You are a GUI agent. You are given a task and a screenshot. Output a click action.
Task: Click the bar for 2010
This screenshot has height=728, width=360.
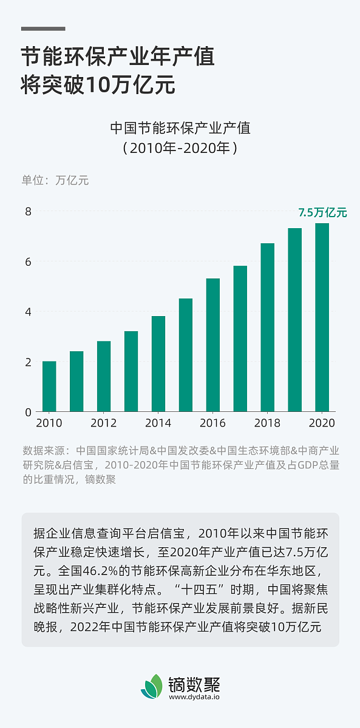pos(49,386)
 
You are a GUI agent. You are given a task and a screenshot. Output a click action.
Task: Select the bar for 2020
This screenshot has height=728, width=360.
pos(322,317)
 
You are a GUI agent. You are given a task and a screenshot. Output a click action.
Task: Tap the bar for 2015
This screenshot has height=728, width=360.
pos(186,355)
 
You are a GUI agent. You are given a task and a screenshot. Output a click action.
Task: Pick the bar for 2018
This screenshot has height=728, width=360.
pos(268,328)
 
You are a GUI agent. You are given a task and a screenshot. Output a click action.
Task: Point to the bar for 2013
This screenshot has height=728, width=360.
pos(131,371)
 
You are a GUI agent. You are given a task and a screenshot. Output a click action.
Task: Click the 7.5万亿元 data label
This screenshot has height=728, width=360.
pos(322,212)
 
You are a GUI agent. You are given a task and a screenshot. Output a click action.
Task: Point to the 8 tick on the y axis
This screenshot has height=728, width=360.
pos(27,211)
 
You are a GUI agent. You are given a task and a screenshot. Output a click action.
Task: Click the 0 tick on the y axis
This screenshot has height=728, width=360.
pos(27,412)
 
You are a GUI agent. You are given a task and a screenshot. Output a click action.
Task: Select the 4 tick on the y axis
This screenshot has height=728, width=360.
pos(27,312)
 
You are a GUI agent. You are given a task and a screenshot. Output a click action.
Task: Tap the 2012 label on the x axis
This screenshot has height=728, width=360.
pos(104,423)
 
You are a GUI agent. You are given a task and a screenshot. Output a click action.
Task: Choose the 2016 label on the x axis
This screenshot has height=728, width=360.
pos(213,423)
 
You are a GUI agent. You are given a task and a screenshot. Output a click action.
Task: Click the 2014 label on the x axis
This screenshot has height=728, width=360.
pos(158,423)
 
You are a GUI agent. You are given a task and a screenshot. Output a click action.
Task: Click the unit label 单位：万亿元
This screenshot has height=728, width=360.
pos(55,180)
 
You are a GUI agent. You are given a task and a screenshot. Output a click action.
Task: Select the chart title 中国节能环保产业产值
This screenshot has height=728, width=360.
pos(180,128)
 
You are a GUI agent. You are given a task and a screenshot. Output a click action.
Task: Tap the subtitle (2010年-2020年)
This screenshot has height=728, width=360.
pos(180,147)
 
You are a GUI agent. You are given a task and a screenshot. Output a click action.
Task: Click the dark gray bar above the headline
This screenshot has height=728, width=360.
pos(43,29)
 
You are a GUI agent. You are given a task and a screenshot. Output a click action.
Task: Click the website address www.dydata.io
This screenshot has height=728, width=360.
pos(194,697)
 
